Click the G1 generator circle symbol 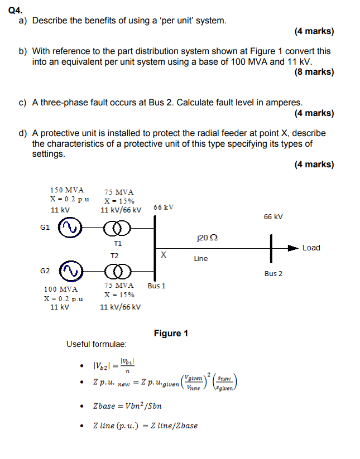coord(71,228)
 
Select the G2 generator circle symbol coord(71,270)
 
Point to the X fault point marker coord(163,255)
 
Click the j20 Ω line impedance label coord(207,238)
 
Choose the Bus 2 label coord(273,273)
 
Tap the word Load coord(311,248)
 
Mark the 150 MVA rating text coord(63,190)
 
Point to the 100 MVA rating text coord(61,289)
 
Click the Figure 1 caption coord(171,334)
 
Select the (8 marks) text coord(313,72)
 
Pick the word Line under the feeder coord(200,258)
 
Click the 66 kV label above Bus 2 coord(273,216)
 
